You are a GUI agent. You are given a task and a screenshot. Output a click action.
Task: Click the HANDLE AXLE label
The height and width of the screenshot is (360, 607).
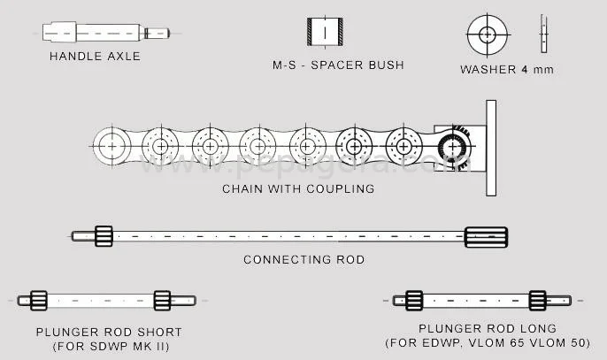pyautogui.click(x=95, y=57)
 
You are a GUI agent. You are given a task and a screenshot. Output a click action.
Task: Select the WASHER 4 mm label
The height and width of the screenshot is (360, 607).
pyautogui.click(x=507, y=70)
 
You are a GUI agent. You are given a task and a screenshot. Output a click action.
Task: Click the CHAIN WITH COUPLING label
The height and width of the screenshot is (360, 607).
pyautogui.click(x=298, y=188)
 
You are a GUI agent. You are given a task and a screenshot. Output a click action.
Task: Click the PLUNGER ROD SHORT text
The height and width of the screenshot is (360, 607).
pyautogui.click(x=109, y=333)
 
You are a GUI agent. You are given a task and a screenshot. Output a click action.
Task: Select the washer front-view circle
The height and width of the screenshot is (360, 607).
pyautogui.click(x=486, y=34)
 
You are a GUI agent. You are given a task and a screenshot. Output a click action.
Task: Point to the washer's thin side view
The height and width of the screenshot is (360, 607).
pyautogui.click(x=542, y=34)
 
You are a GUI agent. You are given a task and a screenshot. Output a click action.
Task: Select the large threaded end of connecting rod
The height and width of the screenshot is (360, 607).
pyautogui.click(x=487, y=236)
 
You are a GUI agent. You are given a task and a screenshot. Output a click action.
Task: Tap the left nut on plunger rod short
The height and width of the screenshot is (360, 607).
pyautogui.click(x=38, y=301)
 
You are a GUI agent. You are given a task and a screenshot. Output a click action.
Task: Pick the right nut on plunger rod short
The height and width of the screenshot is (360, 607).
pyautogui.click(x=162, y=301)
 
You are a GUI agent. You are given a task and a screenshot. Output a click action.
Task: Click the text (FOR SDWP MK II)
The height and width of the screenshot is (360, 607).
pyautogui.click(x=110, y=346)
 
